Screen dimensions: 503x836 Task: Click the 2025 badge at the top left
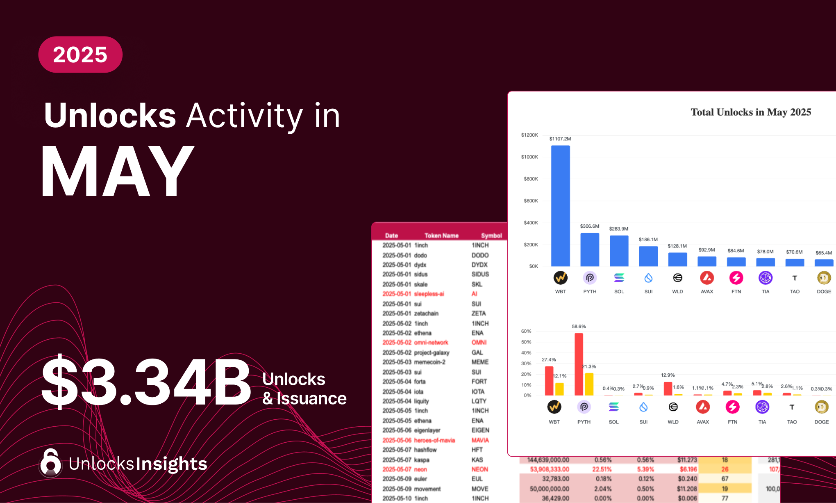80,55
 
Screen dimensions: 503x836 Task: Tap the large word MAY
118,171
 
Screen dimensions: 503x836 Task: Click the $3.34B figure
146,382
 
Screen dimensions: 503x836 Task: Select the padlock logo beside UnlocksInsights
51,463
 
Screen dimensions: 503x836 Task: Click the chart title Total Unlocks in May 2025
751,112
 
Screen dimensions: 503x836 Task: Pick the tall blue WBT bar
560,205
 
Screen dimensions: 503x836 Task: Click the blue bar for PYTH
590,249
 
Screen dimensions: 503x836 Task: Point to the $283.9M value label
618,229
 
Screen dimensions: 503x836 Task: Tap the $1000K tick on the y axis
529,157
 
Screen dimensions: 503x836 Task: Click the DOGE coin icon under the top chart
824,278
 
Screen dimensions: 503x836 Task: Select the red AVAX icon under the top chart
707,278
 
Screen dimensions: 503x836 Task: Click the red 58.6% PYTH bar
579,364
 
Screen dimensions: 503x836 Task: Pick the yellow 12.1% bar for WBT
559,389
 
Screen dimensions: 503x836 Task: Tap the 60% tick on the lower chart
526,331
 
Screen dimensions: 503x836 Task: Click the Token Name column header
441,235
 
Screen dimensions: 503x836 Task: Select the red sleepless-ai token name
429,294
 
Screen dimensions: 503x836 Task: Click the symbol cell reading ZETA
479,313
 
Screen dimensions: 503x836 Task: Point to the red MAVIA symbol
480,440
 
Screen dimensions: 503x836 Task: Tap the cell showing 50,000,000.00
549,489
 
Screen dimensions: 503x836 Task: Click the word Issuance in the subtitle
311,398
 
